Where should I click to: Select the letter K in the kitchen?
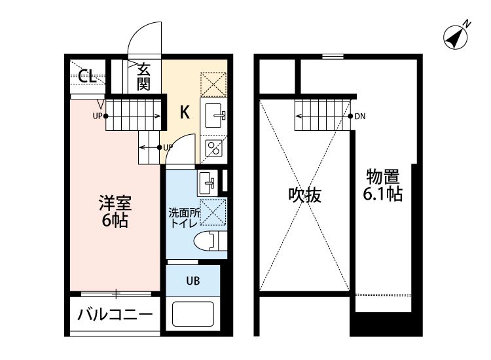[x=185, y=113]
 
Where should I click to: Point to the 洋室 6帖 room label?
[x=115, y=211]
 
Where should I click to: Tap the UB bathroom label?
[x=193, y=281]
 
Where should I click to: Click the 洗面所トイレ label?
[x=183, y=218]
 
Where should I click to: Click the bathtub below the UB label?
[x=194, y=315]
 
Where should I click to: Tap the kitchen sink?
[x=215, y=117]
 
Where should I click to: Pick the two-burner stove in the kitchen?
[x=214, y=149]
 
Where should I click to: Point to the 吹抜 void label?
[x=305, y=195]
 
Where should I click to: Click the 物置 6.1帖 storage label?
[x=384, y=185]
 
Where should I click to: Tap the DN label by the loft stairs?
[x=360, y=117]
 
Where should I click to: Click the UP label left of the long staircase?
[x=98, y=117]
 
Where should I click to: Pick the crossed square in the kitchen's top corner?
[x=214, y=83]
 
